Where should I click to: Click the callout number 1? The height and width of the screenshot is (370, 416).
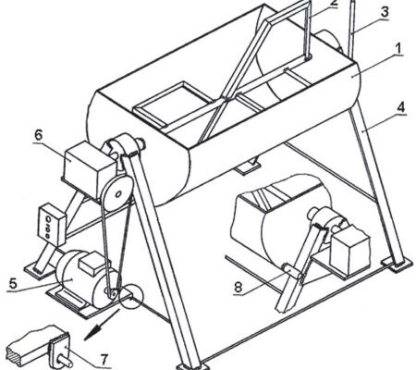398,49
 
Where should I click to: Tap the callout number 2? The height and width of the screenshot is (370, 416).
334,3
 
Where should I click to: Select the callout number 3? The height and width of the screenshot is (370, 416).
384,12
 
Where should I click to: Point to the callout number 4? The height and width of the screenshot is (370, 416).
401,108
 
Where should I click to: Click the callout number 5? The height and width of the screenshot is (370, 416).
13,283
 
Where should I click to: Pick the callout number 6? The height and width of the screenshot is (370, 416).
38,135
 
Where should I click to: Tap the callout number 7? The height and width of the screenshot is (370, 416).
104,359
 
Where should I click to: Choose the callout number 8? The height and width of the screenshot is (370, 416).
239,288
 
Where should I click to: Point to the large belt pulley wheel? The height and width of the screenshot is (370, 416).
117,193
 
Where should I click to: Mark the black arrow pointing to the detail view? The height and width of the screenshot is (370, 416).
102,325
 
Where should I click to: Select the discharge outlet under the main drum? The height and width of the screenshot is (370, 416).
247,166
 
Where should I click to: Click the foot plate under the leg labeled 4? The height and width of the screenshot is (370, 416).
397,265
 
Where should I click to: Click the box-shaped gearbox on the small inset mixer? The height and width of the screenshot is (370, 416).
349,250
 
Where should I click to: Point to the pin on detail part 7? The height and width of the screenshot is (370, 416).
64,361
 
